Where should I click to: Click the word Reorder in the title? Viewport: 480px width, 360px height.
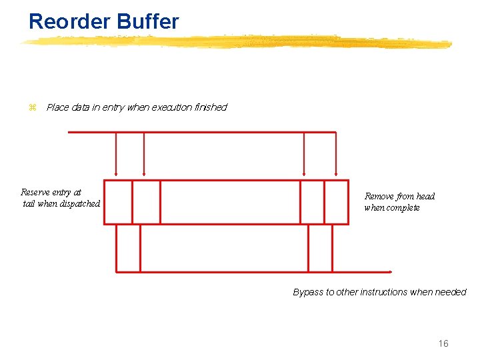[69, 21]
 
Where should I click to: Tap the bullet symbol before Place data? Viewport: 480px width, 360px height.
[31, 107]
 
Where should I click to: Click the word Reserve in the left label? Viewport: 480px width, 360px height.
[37, 193]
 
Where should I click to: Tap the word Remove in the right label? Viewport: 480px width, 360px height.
[379, 197]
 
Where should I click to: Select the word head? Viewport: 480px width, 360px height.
[425, 197]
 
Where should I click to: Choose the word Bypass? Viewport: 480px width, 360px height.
[308, 293]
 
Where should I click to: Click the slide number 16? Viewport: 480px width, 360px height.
[443, 344]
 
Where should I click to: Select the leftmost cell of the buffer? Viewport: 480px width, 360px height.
[118, 202]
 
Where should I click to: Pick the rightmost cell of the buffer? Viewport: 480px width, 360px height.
[336, 202]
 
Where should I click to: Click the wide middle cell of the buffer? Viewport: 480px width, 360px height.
[230, 202]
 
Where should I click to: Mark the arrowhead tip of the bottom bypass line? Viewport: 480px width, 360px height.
[391, 272]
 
